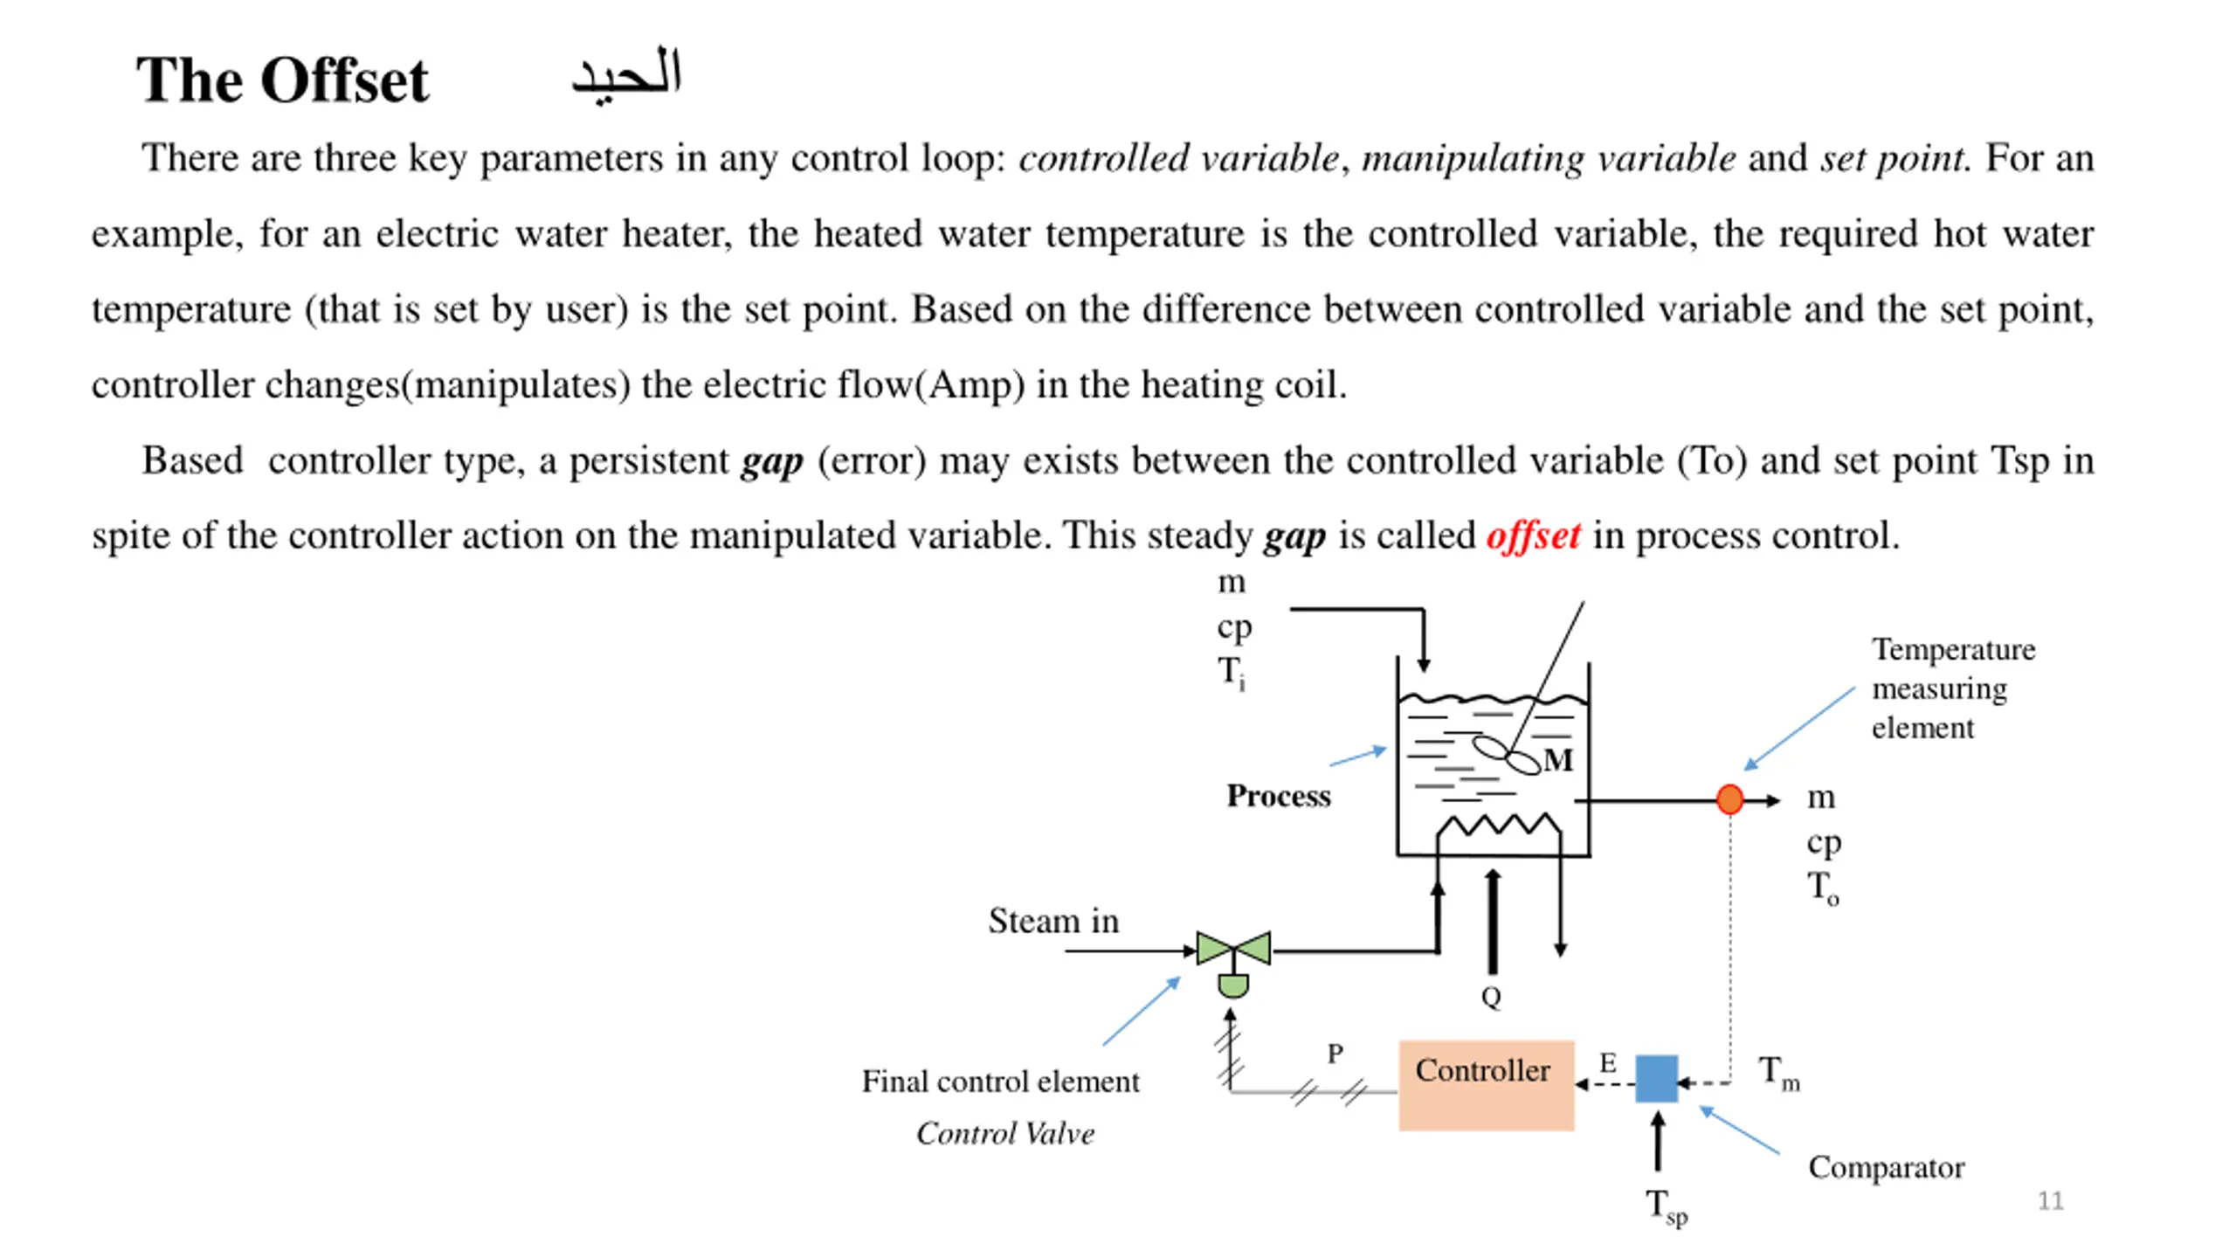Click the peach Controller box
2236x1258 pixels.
(1486, 1085)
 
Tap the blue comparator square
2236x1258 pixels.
(1656, 1079)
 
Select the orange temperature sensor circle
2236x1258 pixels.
(1729, 799)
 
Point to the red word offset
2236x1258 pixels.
(1533, 536)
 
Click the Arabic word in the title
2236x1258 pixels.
(626, 75)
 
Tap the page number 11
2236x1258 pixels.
(2050, 1200)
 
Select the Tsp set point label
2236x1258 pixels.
(1667, 1207)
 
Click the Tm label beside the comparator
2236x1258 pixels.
(1779, 1073)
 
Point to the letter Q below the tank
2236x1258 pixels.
(1491, 997)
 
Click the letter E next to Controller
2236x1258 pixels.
(1608, 1062)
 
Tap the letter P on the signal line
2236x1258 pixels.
(1335, 1054)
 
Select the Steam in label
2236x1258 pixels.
(1053, 921)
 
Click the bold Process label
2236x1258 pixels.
(1279, 796)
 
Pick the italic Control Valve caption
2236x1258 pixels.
(1005, 1133)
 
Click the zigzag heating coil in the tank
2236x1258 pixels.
(1499, 826)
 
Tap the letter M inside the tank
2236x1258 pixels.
(1558, 760)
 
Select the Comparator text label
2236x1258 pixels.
(1886, 1168)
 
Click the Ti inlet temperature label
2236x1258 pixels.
(1232, 673)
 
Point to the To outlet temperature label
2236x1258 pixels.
(1823, 888)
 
